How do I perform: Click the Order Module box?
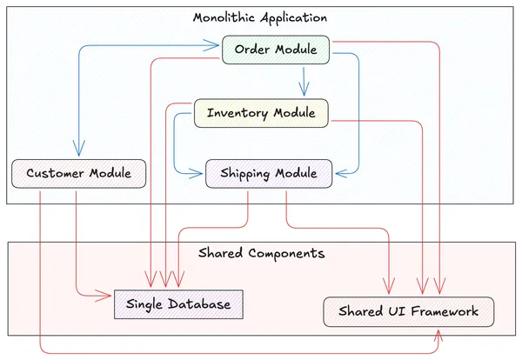[x=276, y=50]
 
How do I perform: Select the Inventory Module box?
[x=261, y=113]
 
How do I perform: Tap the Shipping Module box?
[x=268, y=173]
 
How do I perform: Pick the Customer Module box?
[x=78, y=173]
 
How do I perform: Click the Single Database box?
[x=178, y=304]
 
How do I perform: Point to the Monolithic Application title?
[x=260, y=17]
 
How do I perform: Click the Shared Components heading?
[x=261, y=254]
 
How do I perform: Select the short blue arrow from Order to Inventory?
[x=303, y=82]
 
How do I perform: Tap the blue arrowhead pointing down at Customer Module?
[x=79, y=153]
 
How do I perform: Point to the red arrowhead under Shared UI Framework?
[x=438, y=334]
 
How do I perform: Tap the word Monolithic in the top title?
[x=224, y=17]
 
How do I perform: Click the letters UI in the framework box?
[x=388, y=311]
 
